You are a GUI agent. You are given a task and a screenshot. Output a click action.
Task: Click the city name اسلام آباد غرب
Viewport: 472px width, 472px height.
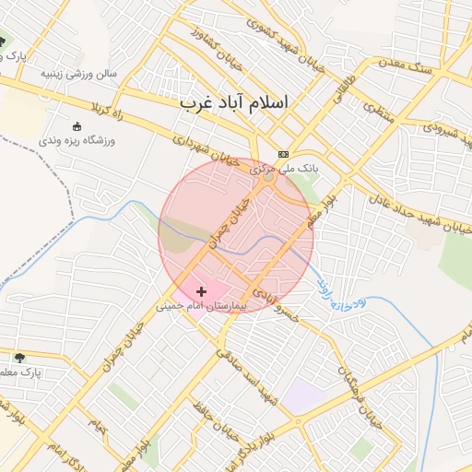point(233,101)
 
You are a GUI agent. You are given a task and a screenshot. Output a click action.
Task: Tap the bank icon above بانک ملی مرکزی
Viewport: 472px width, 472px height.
point(283,155)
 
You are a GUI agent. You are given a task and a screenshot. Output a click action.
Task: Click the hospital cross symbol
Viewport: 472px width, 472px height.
point(202,291)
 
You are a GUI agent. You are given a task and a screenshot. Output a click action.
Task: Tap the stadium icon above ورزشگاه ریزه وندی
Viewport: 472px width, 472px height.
point(77,126)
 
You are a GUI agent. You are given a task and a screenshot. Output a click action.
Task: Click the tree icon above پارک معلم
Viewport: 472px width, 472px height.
point(19,357)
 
